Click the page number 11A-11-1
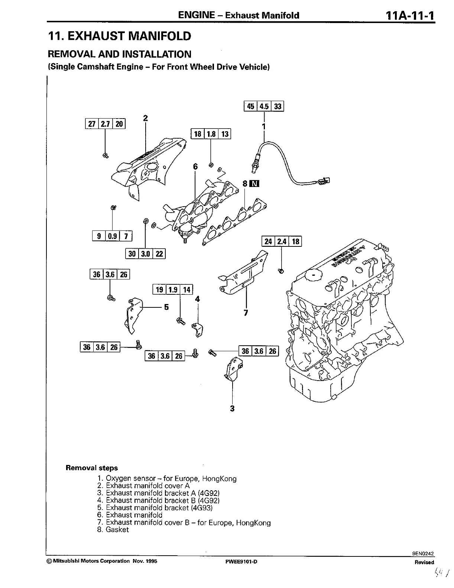click(410, 15)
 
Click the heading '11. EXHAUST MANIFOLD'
click(120, 36)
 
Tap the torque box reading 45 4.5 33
click(264, 106)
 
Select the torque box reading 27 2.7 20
click(106, 124)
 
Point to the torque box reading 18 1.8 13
click(211, 133)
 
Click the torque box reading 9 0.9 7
click(112, 236)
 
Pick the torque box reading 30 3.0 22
click(145, 254)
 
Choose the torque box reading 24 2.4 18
click(282, 242)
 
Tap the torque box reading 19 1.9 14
click(173, 290)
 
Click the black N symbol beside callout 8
click(255, 184)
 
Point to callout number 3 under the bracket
click(232, 409)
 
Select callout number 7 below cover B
click(246, 313)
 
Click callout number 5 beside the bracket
click(166, 307)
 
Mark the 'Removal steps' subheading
click(91, 468)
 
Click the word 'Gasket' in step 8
click(117, 530)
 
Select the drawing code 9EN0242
click(423, 553)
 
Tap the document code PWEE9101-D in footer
click(241, 562)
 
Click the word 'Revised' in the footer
click(424, 562)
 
